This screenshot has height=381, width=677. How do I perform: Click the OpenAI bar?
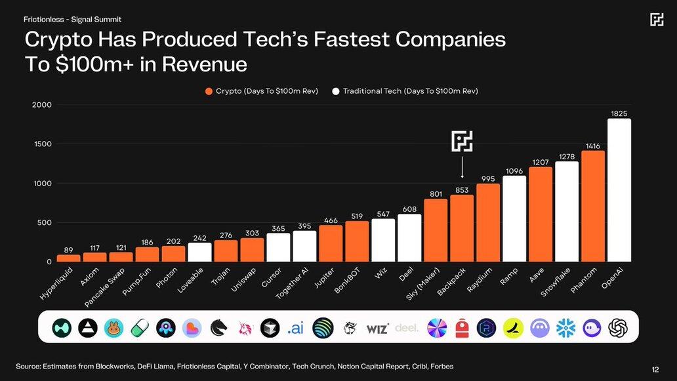point(619,190)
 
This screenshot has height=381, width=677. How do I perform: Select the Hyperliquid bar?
point(68,258)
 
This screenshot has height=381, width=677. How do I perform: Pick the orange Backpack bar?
point(462,228)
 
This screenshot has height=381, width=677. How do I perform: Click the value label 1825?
point(619,113)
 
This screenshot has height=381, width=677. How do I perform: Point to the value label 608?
point(409,209)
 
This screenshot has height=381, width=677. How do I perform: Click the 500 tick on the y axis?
point(45,223)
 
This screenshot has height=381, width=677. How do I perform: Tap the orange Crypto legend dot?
point(209,91)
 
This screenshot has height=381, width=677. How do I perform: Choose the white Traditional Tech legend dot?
point(336,91)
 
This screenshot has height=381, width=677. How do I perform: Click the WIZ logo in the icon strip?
point(377,328)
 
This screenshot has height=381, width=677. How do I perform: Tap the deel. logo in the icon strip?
point(407,327)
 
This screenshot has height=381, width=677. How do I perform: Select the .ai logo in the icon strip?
point(295,328)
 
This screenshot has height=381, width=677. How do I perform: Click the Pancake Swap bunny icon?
point(114,327)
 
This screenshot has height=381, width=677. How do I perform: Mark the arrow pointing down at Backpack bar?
point(462,167)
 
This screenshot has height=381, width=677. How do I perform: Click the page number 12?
point(655,369)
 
